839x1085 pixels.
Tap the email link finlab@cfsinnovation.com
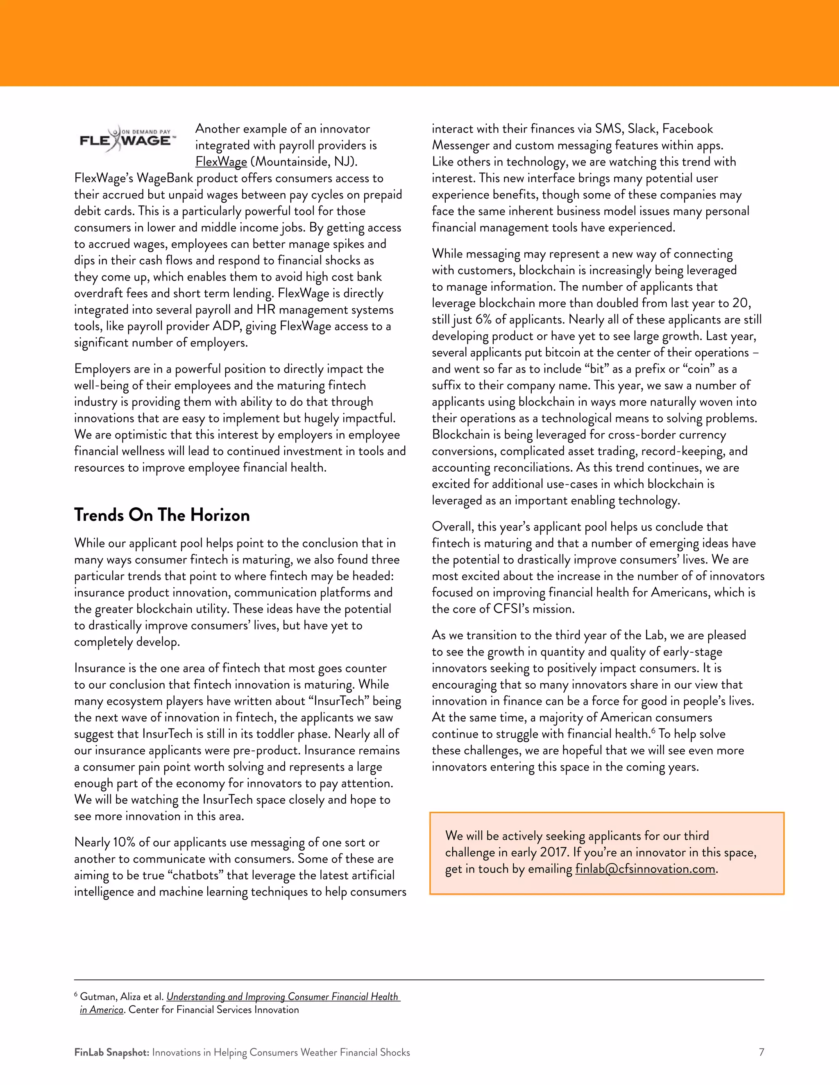[645, 869]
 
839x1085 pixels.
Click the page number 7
[761, 1052]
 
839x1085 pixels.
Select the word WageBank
[165, 179]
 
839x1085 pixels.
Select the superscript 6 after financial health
[653, 730]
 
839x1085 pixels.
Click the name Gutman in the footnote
[97, 997]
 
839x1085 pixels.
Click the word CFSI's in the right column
[511, 609]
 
